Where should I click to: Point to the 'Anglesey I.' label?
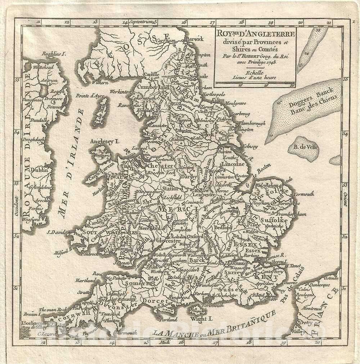click(104, 141)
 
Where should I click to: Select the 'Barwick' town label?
click(194, 39)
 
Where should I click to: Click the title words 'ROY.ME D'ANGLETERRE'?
click(255, 34)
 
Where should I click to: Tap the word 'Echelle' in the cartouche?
click(255, 72)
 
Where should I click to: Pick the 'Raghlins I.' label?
click(53, 54)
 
